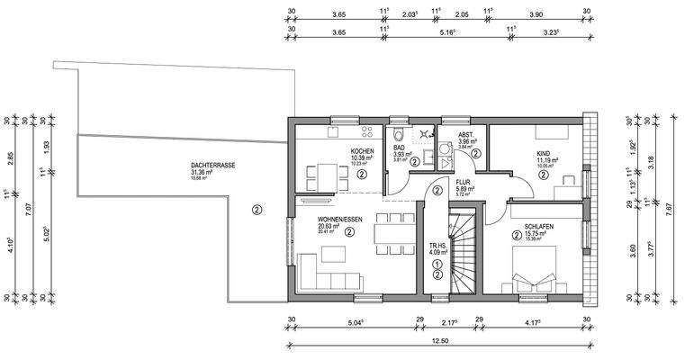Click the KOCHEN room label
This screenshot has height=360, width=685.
(362, 152)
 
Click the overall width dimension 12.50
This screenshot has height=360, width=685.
(440, 341)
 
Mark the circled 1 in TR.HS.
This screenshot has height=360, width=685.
(437, 264)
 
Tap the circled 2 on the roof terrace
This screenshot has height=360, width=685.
(257, 211)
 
